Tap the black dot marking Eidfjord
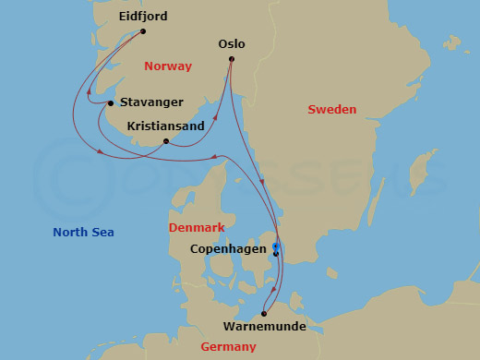tap(143, 30)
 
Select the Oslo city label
tap(231, 43)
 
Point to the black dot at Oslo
tap(231, 59)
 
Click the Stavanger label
tap(151, 102)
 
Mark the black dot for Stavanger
tap(110, 103)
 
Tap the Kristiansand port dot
tap(165, 141)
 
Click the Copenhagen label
tap(229, 248)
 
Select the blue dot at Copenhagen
tap(275, 246)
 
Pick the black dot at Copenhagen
tap(275, 253)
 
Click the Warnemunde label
tap(264, 326)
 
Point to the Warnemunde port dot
tap(264, 313)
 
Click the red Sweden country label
tap(331, 110)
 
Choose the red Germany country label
tap(228, 347)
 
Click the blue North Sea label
tap(83, 232)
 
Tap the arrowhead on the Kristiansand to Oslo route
tap(216, 118)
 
